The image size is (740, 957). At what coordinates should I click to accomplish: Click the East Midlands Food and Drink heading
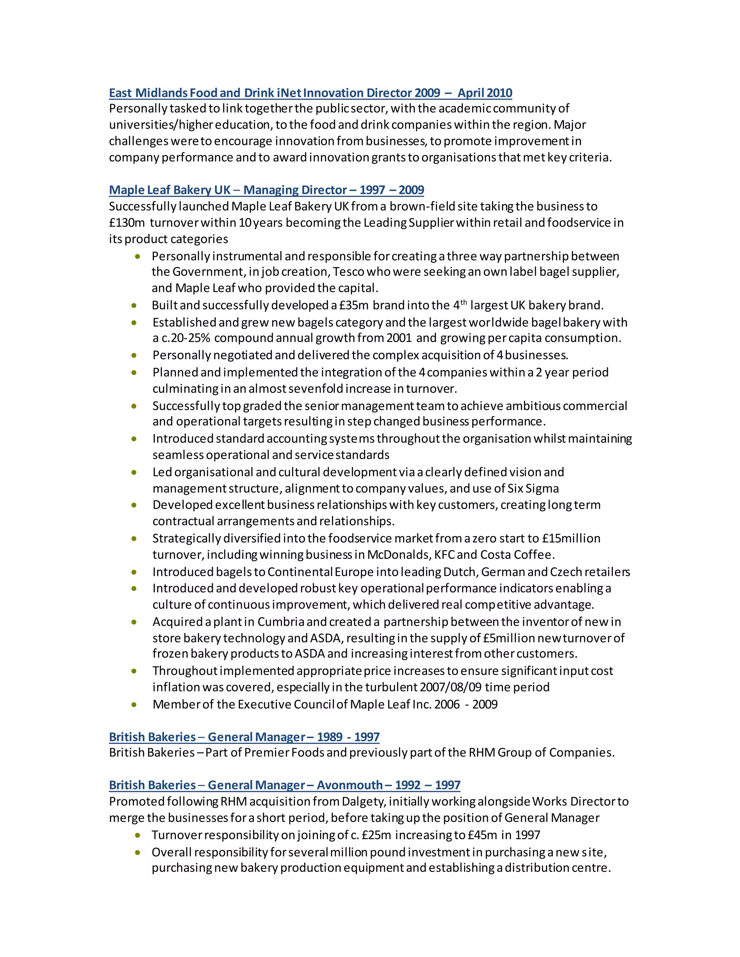click(310, 93)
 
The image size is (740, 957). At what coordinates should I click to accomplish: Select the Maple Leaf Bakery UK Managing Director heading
click(266, 190)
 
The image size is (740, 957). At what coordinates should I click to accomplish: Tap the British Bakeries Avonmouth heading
click(284, 785)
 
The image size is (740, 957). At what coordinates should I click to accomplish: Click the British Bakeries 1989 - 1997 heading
click(244, 737)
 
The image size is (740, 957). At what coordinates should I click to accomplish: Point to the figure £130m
click(127, 223)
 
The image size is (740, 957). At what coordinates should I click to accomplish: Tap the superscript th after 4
click(463, 302)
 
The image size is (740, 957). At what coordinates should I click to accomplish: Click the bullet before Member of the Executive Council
click(134, 705)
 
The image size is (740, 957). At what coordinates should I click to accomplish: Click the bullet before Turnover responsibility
click(138, 835)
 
